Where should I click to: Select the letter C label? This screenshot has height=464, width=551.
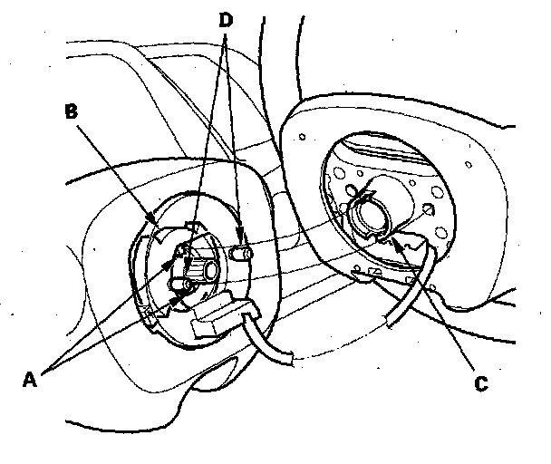tap(481, 384)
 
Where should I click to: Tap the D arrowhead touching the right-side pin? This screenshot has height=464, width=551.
tap(239, 243)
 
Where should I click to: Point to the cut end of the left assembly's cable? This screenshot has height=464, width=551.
tap(289, 360)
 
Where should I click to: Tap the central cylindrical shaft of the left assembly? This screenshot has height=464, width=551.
tap(207, 269)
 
